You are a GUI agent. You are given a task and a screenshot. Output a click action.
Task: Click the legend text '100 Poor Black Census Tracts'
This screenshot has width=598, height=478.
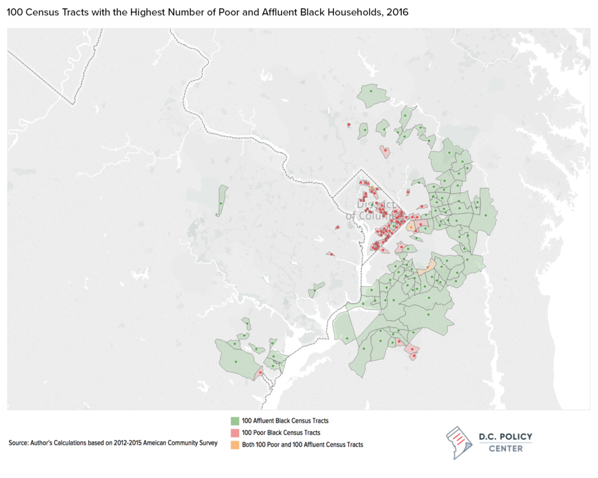(x=281, y=432)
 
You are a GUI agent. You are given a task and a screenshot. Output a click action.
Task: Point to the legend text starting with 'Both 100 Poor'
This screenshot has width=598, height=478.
(x=302, y=444)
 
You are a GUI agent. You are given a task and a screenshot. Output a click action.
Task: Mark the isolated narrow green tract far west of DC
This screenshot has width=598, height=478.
(x=222, y=200)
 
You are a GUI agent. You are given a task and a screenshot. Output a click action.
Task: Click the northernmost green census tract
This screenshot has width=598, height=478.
(x=373, y=95)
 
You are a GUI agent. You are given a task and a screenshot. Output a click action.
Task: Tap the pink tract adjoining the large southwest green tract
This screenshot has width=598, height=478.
(x=259, y=372)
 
